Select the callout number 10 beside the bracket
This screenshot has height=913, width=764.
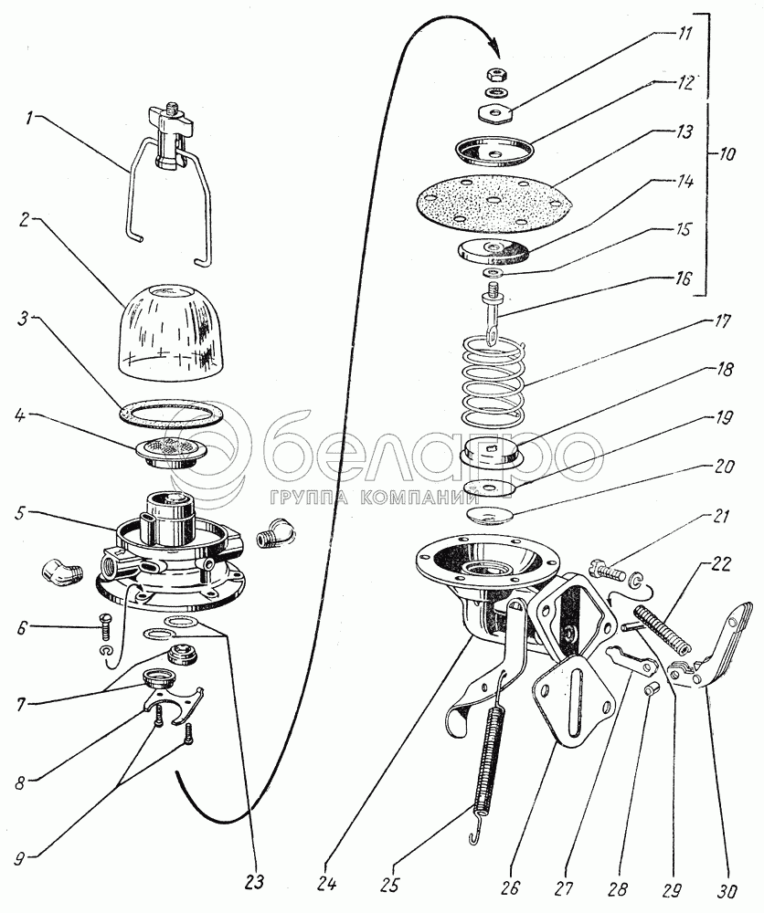pyautogui.click(x=727, y=154)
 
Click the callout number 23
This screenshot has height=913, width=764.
pyautogui.click(x=255, y=881)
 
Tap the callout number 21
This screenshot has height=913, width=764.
pyautogui.click(x=720, y=517)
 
